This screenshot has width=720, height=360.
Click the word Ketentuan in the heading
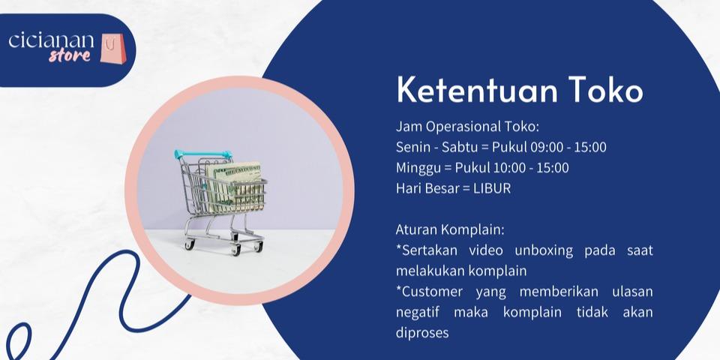click(477, 90)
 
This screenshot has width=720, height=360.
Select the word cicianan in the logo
click(52, 40)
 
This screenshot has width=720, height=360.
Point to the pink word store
click(70, 55)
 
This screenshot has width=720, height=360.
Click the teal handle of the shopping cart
click(203, 154)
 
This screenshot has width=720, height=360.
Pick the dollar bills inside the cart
click(235, 186)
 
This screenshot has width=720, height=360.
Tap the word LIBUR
click(492, 188)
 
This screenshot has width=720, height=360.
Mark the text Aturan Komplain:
click(450, 230)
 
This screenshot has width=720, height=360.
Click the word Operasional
click(463, 127)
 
